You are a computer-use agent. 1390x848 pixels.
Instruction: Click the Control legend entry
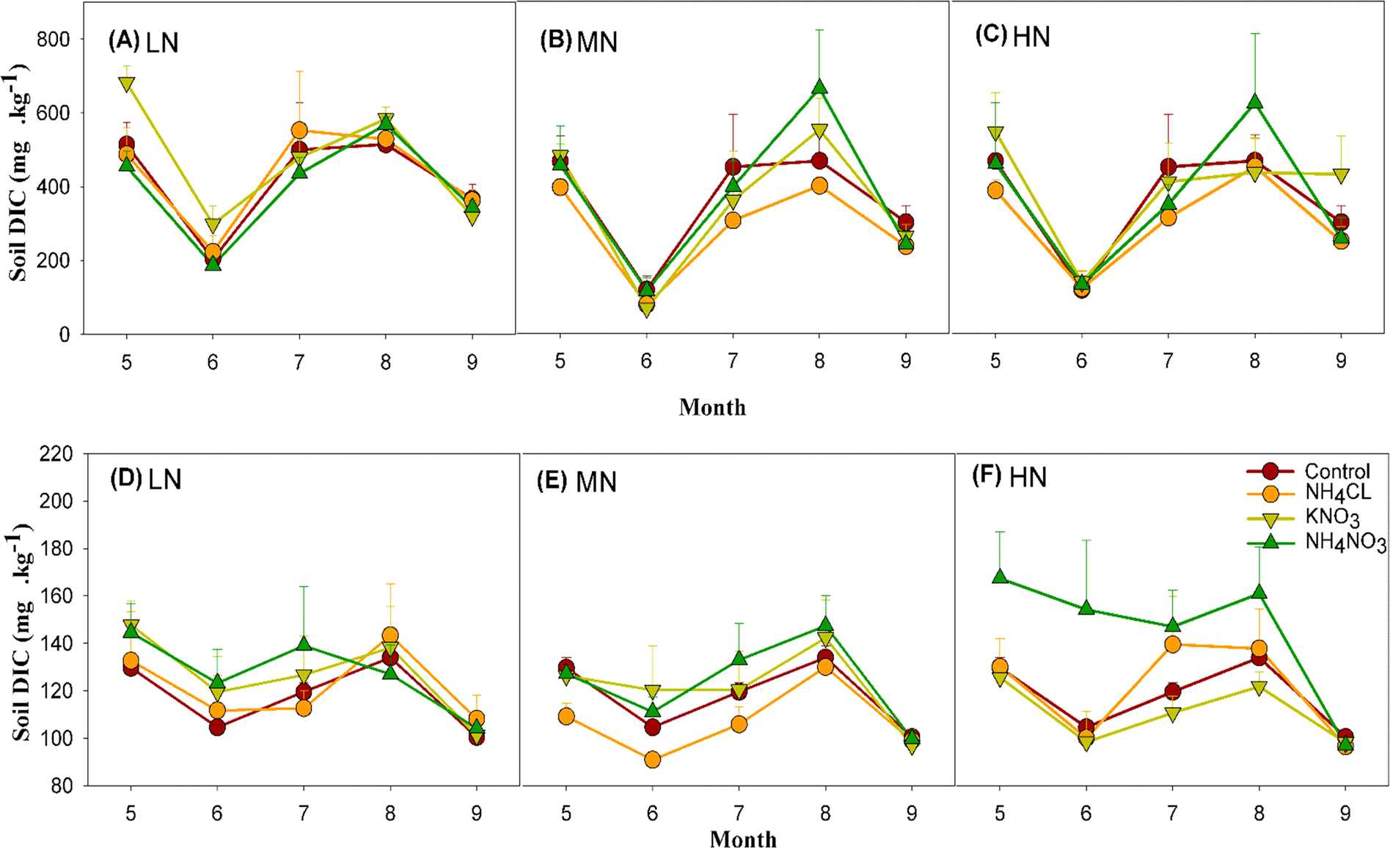[x=1336, y=471]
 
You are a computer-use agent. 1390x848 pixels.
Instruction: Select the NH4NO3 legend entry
[x=1345, y=543]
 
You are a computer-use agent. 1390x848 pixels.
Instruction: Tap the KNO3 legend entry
[x=1331, y=517]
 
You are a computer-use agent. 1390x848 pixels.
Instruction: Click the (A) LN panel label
[x=143, y=42]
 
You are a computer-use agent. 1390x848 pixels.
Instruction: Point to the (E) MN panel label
[x=577, y=482]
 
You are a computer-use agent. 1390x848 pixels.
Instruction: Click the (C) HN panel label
[x=1012, y=37]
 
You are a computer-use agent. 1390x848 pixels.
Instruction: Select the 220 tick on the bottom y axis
[x=56, y=454]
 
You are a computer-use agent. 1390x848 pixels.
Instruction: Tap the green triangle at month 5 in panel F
[x=1000, y=577]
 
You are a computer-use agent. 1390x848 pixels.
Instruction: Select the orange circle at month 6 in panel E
[x=652, y=759]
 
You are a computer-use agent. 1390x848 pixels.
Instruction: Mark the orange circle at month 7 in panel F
[x=1172, y=645]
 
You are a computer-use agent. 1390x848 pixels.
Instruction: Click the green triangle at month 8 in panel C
[x=1255, y=101]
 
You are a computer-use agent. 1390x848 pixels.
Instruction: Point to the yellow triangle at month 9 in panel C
[x=1341, y=176]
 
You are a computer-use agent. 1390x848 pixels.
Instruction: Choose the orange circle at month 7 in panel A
[x=299, y=131]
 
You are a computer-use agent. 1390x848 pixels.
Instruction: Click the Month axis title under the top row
[x=712, y=407]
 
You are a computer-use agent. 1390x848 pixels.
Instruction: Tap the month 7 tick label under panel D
[x=303, y=813]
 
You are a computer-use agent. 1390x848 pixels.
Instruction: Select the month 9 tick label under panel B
[x=906, y=361]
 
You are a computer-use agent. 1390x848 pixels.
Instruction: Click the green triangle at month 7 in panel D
[x=303, y=645]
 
